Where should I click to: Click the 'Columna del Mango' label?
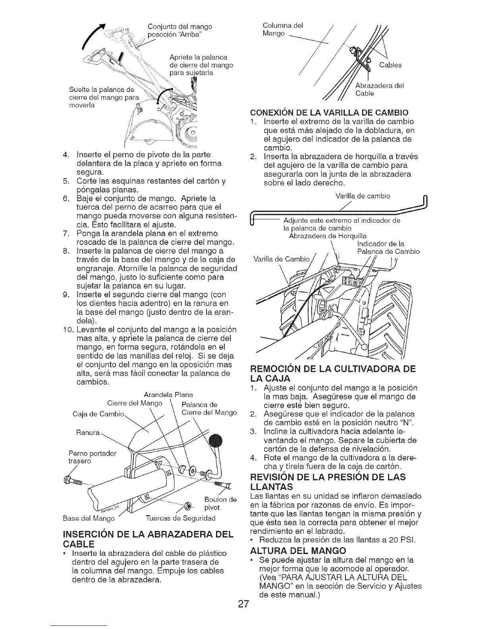(x=283, y=30)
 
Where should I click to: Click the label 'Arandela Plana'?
(x=168, y=395)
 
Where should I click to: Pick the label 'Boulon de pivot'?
(x=220, y=503)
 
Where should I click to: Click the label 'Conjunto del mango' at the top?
(x=179, y=27)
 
